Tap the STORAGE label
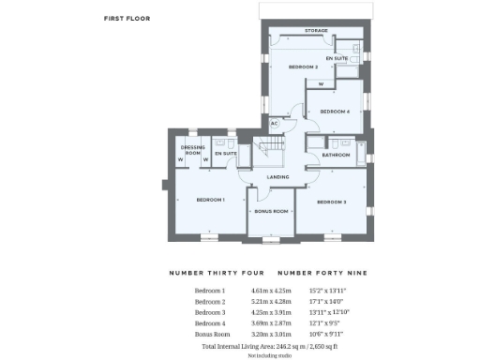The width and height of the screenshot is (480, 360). click(316, 31)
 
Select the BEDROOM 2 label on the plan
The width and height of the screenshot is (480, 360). click(303, 67)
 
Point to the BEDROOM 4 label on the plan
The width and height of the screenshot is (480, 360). click(335, 112)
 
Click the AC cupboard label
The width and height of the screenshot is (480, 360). click(275, 123)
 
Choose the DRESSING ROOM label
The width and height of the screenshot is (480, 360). click(193, 150)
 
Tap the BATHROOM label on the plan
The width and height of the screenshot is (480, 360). click(336, 155)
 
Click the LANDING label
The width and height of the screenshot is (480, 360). click(277, 176)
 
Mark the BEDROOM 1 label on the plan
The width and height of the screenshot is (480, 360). click(210, 200)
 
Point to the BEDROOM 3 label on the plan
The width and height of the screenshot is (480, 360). click(331, 202)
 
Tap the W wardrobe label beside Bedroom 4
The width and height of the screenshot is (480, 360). click(321, 84)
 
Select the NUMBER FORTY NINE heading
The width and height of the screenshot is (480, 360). click(322, 273)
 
